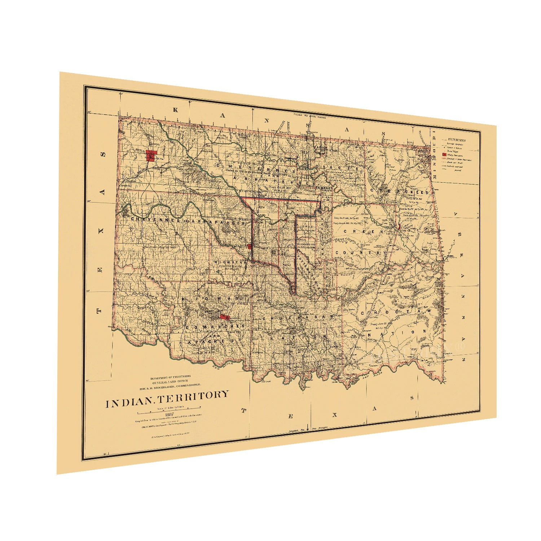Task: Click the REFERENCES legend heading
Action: (x=456, y=140)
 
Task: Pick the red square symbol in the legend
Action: (x=444, y=154)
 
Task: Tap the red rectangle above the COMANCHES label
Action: (x=224, y=317)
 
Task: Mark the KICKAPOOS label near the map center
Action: (x=307, y=244)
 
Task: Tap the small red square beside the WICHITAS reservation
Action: (x=249, y=246)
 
